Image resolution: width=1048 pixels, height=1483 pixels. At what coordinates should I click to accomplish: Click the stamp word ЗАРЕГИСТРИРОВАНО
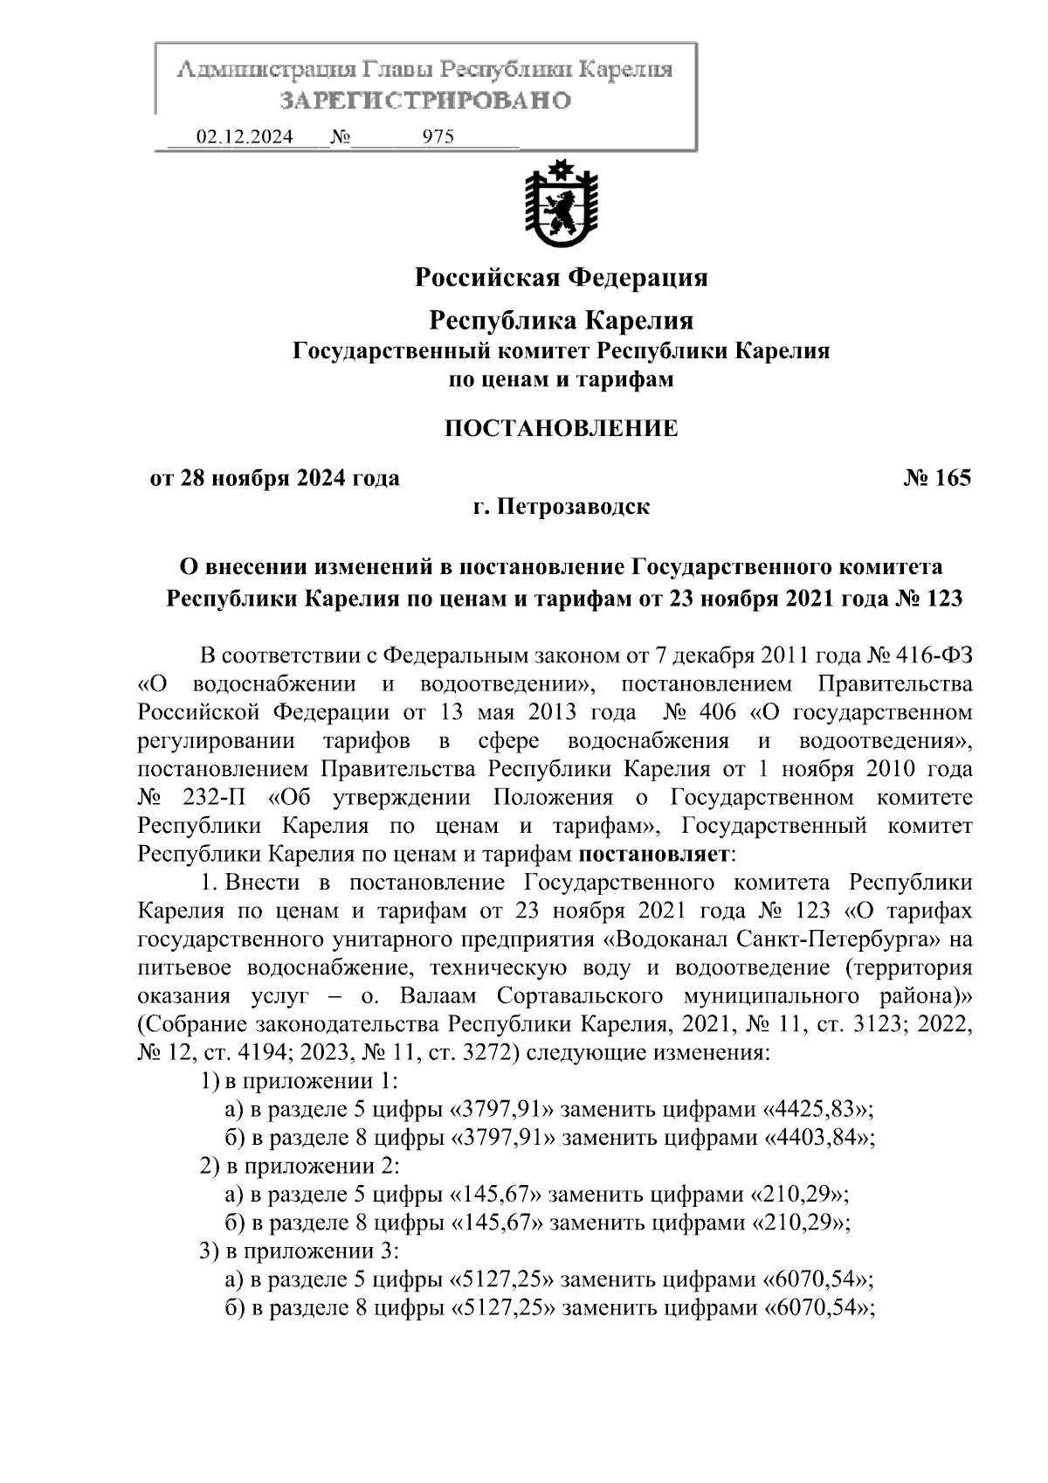point(425,100)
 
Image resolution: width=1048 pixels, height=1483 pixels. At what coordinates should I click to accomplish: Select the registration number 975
point(438,137)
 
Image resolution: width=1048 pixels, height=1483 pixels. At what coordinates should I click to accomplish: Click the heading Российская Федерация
point(561,278)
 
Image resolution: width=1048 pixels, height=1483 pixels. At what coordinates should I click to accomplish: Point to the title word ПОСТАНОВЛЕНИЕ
point(561,428)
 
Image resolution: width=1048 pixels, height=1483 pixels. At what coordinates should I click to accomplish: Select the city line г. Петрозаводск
point(561,507)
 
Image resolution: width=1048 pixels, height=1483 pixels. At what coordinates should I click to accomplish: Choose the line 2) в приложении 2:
point(300,1166)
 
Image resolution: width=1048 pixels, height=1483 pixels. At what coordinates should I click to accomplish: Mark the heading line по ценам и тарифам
point(561,379)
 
